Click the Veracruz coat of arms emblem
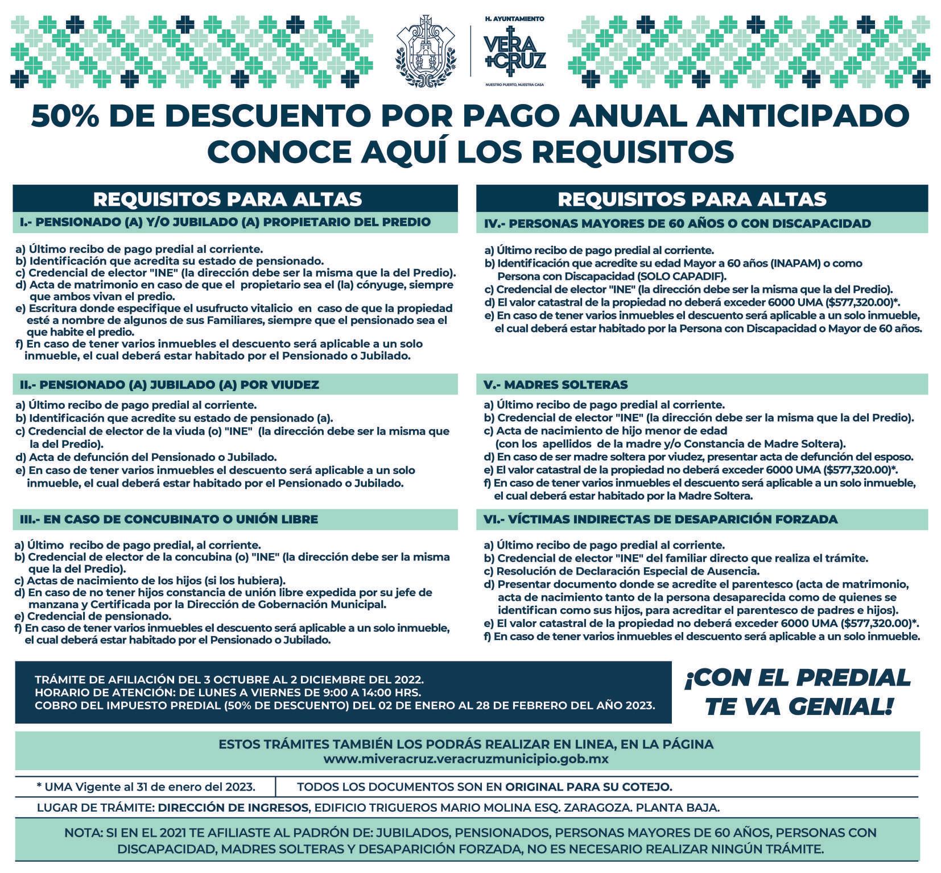click(x=426, y=51)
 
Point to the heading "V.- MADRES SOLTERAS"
click(x=555, y=385)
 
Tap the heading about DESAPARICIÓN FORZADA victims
click(x=660, y=519)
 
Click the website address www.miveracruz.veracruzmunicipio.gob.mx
click(x=466, y=759)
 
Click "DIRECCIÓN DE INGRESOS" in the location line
click(x=233, y=807)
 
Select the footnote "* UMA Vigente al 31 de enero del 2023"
click(x=146, y=787)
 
